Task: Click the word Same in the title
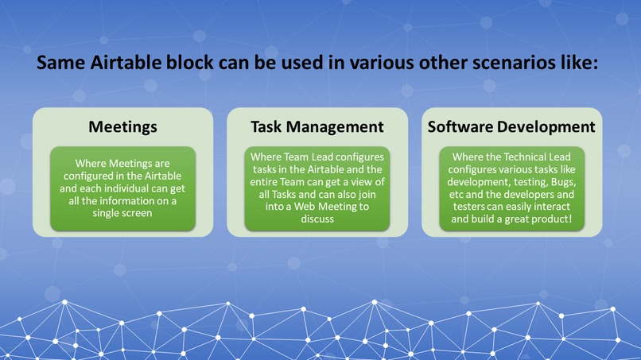(x=60, y=63)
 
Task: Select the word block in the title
(x=190, y=63)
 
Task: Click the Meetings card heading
(x=122, y=127)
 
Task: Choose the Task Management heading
(x=317, y=126)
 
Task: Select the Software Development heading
(x=511, y=126)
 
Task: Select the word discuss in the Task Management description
(x=317, y=219)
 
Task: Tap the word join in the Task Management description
(x=367, y=194)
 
